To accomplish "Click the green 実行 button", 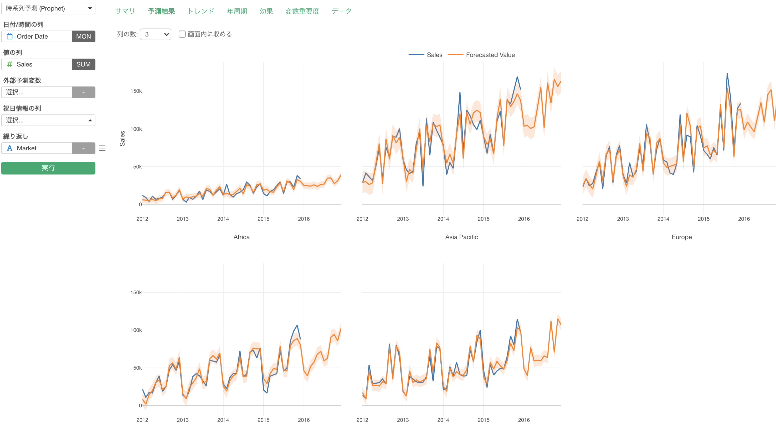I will [48, 168].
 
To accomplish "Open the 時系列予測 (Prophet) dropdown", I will [48, 8].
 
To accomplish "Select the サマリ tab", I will [125, 11].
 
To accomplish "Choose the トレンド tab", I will [201, 11].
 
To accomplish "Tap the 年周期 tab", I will [237, 11].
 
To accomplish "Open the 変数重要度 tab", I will [302, 11].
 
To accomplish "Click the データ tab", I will [341, 11].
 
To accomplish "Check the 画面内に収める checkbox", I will [182, 34].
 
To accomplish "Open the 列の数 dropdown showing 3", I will [156, 34].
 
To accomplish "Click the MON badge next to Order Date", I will [84, 37].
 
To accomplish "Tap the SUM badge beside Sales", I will [84, 64].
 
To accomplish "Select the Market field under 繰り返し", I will [37, 148].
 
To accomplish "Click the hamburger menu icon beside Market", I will [102, 148].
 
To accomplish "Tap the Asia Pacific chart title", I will [461, 237].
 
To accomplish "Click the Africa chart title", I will [241, 237].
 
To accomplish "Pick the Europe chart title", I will [681, 237].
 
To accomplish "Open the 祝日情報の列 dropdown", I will [48, 120].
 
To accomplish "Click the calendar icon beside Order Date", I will [10, 37].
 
